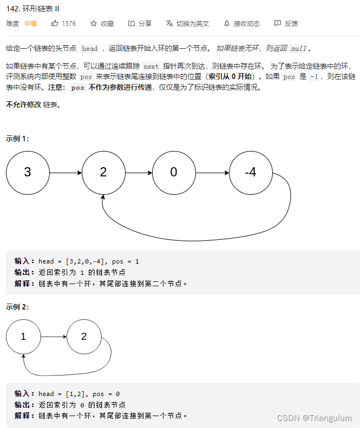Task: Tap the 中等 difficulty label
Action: click(x=31, y=24)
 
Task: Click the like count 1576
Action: click(x=63, y=24)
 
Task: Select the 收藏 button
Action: click(x=102, y=24)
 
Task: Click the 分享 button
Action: click(x=140, y=24)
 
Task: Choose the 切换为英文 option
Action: click(x=187, y=24)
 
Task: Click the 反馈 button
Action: click(x=286, y=24)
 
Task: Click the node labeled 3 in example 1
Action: click(x=28, y=173)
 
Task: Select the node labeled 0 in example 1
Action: click(x=173, y=173)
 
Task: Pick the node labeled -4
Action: click(x=251, y=173)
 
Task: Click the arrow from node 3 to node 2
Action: click(x=65, y=173)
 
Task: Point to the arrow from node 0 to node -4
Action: click(x=212, y=173)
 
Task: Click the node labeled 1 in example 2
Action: click(x=23, y=337)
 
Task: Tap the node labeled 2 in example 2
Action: click(x=84, y=337)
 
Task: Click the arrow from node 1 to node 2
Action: click(x=54, y=337)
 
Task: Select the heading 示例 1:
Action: click(x=17, y=139)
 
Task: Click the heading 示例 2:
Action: click(x=17, y=307)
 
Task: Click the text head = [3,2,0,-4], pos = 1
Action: click(x=89, y=261)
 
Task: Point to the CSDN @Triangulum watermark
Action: click(x=314, y=418)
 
